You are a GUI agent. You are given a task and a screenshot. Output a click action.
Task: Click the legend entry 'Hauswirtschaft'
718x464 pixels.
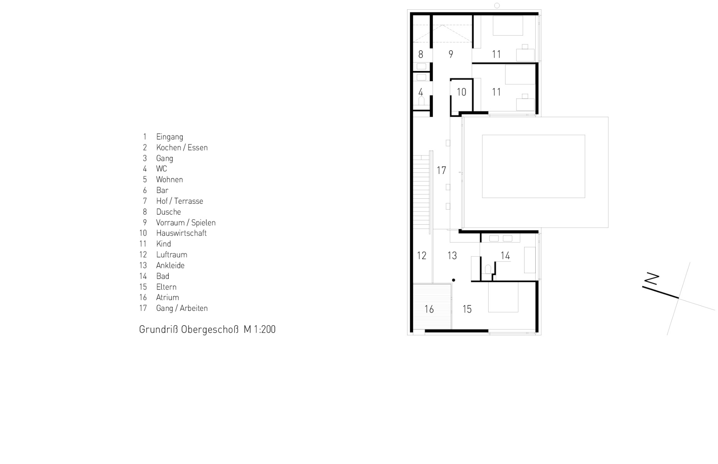[181, 233]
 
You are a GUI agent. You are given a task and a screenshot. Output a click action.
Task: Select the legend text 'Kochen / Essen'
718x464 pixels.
[182, 147]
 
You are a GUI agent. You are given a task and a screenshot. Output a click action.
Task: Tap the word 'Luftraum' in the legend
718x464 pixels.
[171, 254]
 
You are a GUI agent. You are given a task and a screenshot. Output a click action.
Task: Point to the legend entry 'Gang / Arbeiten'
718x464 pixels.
[182, 308]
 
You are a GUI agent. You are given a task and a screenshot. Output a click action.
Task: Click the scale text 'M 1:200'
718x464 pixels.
[260, 329]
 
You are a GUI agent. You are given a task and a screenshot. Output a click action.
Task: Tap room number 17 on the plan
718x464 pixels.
[441, 170]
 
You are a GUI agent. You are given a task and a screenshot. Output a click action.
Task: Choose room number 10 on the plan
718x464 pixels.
[461, 92]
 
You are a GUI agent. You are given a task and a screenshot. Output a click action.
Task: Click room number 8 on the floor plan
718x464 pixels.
[421, 55]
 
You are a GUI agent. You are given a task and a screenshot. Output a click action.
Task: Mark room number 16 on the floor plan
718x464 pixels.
[429, 309]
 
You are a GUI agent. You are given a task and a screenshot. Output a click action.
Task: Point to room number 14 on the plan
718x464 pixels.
[505, 256]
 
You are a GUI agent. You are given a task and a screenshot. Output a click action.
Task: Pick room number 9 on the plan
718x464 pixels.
[450, 55]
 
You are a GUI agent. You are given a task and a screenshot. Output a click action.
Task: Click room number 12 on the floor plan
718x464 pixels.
[421, 256]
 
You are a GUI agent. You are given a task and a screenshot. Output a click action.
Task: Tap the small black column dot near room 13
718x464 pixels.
[453, 280]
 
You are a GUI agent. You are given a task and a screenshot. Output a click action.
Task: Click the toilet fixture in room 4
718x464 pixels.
[421, 101]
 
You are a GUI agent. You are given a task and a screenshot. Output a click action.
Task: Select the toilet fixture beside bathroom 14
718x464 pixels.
[488, 269]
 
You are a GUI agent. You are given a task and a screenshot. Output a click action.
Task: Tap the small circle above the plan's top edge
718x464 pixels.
[497, 5]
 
